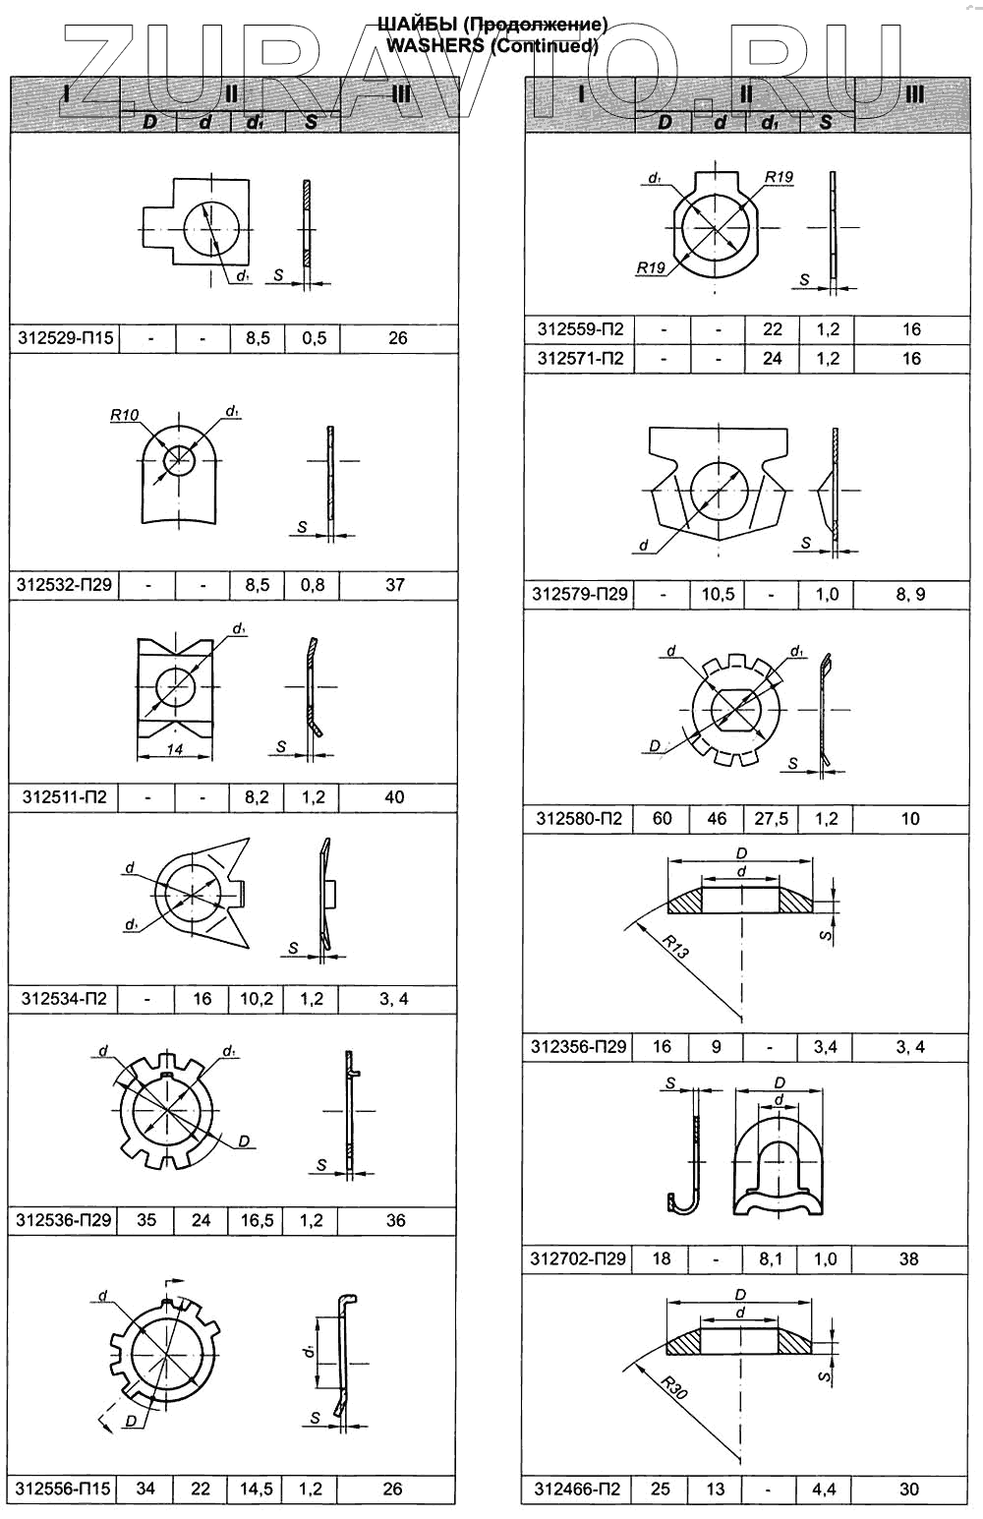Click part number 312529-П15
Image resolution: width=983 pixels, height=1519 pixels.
tap(65, 338)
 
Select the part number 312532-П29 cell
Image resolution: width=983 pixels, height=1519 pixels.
tap(64, 585)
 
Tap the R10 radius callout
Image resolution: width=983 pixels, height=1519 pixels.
tap(124, 415)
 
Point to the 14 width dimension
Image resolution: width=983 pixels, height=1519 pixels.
tap(175, 749)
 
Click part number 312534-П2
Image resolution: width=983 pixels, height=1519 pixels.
tap(64, 999)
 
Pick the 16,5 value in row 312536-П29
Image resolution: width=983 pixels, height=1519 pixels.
tap(257, 1220)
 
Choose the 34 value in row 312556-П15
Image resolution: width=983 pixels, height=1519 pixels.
tap(145, 1489)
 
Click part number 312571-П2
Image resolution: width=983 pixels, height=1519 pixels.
tap(580, 359)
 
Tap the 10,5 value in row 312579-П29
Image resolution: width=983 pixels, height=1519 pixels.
tap(718, 594)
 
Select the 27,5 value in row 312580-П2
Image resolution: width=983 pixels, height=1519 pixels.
tap(771, 818)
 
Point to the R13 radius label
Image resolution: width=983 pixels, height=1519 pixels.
tap(675, 948)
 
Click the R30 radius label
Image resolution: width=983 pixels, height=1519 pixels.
tap(674, 1388)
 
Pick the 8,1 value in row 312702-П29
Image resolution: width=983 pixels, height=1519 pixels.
tap(771, 1258)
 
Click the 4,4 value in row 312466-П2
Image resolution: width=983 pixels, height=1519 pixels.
tap(825, 1490)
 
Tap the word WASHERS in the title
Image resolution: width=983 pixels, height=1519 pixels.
tap(434, 45)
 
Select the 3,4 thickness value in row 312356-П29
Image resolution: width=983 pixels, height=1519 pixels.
tap(825, 1047)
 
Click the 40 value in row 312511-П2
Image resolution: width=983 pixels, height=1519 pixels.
tap(394, 797)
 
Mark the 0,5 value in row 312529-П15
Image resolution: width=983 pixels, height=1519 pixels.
tap(314, 338)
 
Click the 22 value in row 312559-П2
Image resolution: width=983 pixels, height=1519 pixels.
tap(773, 329)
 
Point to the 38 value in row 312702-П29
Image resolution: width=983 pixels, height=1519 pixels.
tap(909, 1258)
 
